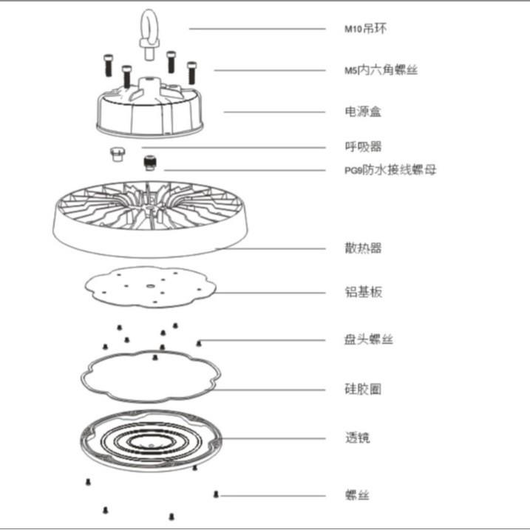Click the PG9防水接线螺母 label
[x=390, y=170]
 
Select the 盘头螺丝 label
[x=368, y=340]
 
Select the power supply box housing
[x=148, y=111]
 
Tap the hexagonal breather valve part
[x=115, y=153]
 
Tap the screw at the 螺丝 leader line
[x=215, y=494]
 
